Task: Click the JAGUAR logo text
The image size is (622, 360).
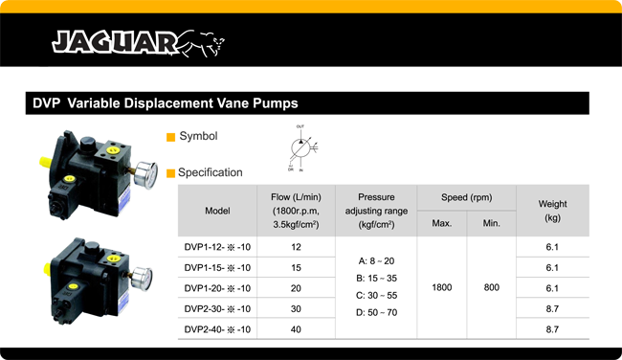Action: [113, 42]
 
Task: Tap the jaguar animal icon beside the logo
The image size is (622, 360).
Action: [202, 42]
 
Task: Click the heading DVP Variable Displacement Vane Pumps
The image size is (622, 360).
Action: [166, 102]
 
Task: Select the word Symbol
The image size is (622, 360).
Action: [198, 136]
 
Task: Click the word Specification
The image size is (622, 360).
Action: [210, 172]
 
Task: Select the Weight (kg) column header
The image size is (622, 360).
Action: [552, 211]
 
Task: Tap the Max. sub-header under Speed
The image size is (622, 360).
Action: [441, 223]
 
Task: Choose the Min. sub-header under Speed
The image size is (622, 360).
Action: [492, 223]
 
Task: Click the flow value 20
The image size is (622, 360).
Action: [295, 287]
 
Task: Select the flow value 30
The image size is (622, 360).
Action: [295, 308]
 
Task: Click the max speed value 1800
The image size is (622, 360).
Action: [441, 287]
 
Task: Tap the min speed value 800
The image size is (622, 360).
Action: [492, 287]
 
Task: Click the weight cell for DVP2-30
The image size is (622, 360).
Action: [552, 308]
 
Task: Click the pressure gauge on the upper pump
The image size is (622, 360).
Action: [145, 173]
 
